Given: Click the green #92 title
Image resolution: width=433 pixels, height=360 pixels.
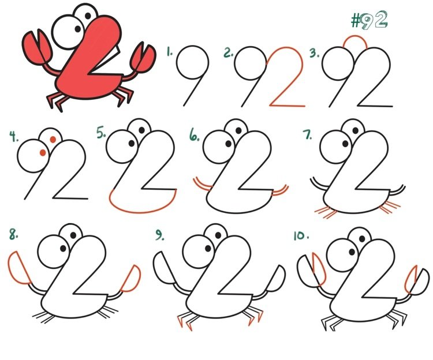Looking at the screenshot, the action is click(369, 20).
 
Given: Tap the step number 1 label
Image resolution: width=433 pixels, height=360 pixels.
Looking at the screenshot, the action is click(170, 51).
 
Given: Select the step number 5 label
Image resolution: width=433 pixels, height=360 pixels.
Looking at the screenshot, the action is click(101, 132).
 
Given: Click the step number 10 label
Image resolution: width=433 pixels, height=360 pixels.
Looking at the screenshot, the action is click(301, 236).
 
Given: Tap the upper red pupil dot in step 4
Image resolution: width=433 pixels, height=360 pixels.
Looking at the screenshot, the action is click(53, 139).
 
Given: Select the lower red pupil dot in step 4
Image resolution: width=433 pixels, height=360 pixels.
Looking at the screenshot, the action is click(43, 152).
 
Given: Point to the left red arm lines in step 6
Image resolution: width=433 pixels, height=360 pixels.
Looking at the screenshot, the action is click(203, 185).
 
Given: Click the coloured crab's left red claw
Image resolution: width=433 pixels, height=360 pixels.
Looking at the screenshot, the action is click(37, 47).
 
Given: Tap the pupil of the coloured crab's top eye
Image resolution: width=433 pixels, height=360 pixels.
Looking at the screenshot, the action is click(88, 16).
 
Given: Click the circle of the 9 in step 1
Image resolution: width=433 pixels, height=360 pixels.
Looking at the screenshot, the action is click(177, 63).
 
